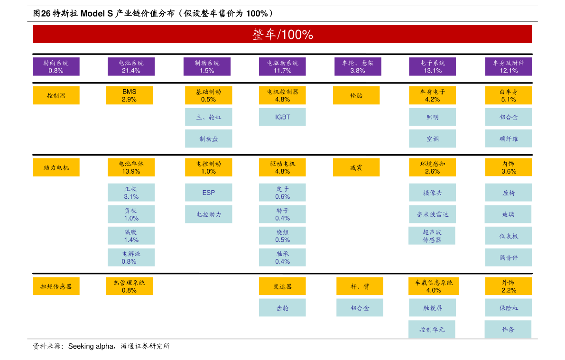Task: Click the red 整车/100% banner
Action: [282, 34]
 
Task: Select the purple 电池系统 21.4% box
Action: [131, 67]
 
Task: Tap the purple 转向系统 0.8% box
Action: [56, 67]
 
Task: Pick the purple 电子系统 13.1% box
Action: [432, 67]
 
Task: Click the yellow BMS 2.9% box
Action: [130, 95]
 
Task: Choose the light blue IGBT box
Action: [283, 117]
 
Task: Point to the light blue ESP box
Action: [209, 193]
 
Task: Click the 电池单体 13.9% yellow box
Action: [131, 167]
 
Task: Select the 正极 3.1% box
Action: [131, 193]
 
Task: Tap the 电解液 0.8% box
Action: [131, 257]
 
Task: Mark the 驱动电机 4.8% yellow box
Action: [283, 167]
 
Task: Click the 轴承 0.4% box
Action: [283, 257]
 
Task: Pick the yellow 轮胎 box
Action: [356, 95]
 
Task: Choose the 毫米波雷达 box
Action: [432, 214]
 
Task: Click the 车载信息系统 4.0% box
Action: [434, 286]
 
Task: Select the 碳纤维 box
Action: [509, 139]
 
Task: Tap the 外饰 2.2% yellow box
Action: [509, 286]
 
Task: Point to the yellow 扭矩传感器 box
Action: [56, 286]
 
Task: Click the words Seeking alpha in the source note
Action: [91, 346]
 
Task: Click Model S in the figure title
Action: [97, 14]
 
